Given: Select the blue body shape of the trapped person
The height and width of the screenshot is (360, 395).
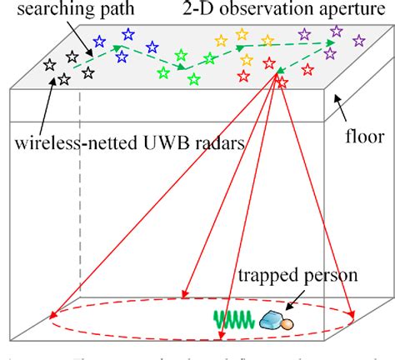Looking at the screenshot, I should tap(272, 318).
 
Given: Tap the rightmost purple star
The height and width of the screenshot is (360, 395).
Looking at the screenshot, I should tap(359, 39).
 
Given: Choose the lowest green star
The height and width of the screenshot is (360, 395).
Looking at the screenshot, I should tap(193, 79).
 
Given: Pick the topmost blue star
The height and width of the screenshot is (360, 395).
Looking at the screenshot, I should tap(128, 34).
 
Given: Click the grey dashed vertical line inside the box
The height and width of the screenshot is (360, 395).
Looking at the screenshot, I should tap(81, 208).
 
